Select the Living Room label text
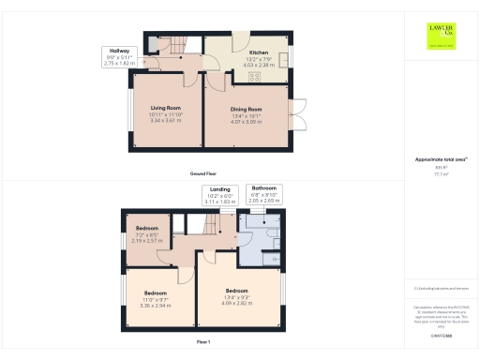[166, 108]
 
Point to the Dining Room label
[246, 110]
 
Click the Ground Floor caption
[203, 173]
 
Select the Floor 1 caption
[203, 343]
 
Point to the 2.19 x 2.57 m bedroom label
[147, 229]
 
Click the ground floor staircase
[176, 43]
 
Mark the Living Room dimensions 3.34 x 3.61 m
[166, 120]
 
